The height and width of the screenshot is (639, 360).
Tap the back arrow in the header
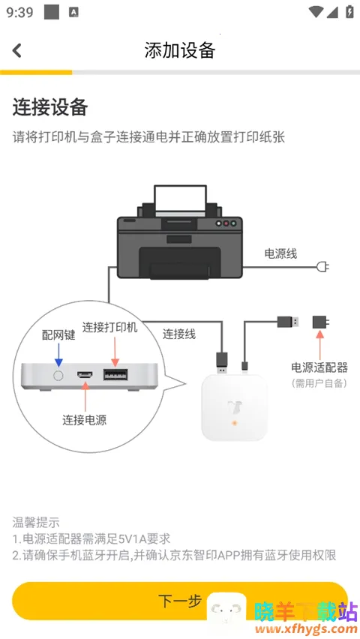pos(16,50)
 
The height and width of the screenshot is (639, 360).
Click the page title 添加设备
pos(180,50)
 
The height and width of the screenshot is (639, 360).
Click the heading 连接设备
pos(50,107)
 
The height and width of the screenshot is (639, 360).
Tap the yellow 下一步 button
pos(180,601)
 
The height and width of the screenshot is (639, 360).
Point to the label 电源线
pos(281,254)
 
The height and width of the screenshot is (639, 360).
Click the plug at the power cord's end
pos(322,267)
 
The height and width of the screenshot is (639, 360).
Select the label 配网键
pos(58,335)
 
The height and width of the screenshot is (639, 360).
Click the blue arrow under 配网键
pos(58,355)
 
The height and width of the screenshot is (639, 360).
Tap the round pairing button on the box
pos(58,375)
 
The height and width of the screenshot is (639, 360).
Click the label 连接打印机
pos(110,327)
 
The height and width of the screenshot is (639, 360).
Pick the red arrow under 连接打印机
pos(115,352)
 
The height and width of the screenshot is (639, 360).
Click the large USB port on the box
pos(115,374)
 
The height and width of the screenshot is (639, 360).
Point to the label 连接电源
pos(85,420)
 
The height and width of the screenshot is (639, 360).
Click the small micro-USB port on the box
pos(85,375)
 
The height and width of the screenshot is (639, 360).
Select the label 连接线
pos(179,334)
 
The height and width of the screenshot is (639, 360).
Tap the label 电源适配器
pos(319,367)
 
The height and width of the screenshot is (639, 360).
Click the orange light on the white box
pos(235,423)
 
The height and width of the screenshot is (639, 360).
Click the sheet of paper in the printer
pos(180,199)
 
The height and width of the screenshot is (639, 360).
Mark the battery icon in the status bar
pos(349,11)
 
